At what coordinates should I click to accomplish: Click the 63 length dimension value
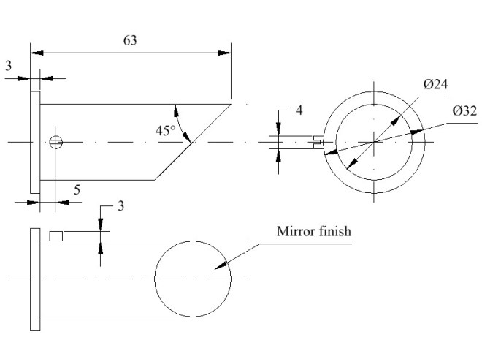pos(129,41)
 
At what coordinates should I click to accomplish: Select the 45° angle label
pos(166,131)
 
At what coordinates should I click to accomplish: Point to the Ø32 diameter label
pos(464,111)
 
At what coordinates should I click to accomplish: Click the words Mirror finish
pos(314,232)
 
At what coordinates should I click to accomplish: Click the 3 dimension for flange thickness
pos(8,66)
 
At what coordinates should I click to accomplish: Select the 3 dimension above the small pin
pos(121,205)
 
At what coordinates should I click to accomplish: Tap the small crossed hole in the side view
pos(56,143)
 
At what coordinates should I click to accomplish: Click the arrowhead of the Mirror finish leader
pos(215,269)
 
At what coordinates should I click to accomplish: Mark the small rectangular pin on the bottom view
pos(57,235)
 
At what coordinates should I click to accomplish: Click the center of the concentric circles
pos(375,142)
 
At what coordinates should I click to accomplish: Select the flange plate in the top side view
pos(34,142)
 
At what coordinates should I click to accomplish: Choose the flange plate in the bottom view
pos(34,279)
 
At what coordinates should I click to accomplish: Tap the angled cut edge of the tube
pos(191,142)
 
